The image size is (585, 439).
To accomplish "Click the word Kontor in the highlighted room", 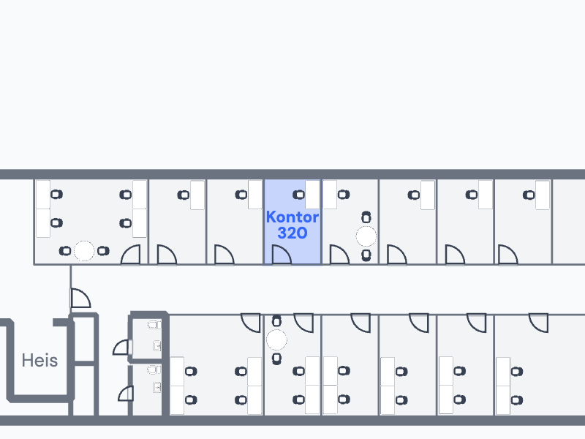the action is (x=292, y=217).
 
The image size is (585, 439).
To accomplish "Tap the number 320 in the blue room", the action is (x=292, y=233).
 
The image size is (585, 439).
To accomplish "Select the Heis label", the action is (x=39, y=361).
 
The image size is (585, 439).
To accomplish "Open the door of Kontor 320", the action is (x=282, y=255).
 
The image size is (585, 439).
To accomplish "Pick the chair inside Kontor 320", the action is (x=299, y=195).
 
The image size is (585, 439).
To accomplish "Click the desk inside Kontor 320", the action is (x=312, y=195).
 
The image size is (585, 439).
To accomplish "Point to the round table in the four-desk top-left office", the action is (x=84, y=251).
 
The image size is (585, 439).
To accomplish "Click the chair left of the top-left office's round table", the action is (x=65, y=251).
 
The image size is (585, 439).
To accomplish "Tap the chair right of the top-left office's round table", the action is (x=103, y=251).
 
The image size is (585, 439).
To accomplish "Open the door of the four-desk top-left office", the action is (x=131, y=255).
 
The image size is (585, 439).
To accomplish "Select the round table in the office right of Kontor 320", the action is (x=366, y=236).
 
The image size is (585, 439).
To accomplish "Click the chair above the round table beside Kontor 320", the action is (x=366, y=217).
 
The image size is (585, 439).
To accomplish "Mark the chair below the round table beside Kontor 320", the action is (x=366, y=255).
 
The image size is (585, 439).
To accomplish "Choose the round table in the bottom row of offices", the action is (x=276, y=339).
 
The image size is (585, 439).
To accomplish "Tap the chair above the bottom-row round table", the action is (x=276, y=321).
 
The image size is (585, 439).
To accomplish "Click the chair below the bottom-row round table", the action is (x=276, y=359).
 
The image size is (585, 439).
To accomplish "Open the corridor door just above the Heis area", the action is (x=80, y=298).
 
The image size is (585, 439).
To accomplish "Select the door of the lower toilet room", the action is (x=126, y=394).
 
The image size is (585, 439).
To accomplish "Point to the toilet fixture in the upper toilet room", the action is (x=154, y=325).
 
